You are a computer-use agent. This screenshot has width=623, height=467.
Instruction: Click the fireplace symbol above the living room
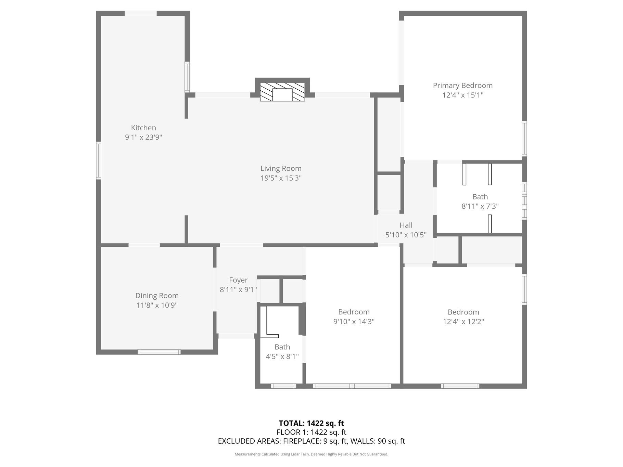click(282, 92)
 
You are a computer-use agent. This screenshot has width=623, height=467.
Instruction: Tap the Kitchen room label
click(143, 128)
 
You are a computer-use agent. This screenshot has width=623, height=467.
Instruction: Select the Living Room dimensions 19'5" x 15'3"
click(281, 178)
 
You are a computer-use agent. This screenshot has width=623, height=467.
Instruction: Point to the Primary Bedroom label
click(463, 86)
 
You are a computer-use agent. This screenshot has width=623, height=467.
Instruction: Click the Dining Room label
click(157, 296)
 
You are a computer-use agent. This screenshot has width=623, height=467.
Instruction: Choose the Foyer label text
click(238, 280)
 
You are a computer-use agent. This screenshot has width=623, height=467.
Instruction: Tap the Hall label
click(406, 225)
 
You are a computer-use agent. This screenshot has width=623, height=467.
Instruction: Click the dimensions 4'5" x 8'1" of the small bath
click(282, 356)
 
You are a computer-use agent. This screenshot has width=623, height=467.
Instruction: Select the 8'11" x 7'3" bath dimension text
click(480, 206)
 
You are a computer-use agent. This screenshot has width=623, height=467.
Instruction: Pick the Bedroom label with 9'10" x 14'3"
click(354, 312)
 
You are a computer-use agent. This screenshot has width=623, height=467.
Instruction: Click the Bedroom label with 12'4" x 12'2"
click(463, 312)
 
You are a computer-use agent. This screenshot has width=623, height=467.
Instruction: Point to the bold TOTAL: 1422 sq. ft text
click(311, 423)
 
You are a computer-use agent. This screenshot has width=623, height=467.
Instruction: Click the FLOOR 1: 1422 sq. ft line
click(311, 432)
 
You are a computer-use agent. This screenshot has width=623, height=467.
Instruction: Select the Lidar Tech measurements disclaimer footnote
click(311, 454)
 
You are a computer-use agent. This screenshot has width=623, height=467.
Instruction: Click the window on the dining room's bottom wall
click(159, 352)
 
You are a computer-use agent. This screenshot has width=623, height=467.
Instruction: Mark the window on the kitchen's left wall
click(99, 160)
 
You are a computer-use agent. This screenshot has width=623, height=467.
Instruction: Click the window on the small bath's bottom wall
click(284, 386)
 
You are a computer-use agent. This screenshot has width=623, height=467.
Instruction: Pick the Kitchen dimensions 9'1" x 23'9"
click(143, 137)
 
